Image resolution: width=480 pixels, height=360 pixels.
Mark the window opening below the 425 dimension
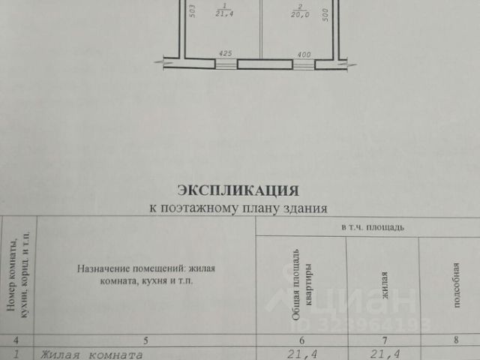[225, 64]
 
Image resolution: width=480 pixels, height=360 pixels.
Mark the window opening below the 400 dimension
[304, 64]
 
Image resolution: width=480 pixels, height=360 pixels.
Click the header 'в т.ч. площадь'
[372, 226]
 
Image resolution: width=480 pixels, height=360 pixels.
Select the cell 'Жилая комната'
[91, 353]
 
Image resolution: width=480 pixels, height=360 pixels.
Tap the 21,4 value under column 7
[384, 353]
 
